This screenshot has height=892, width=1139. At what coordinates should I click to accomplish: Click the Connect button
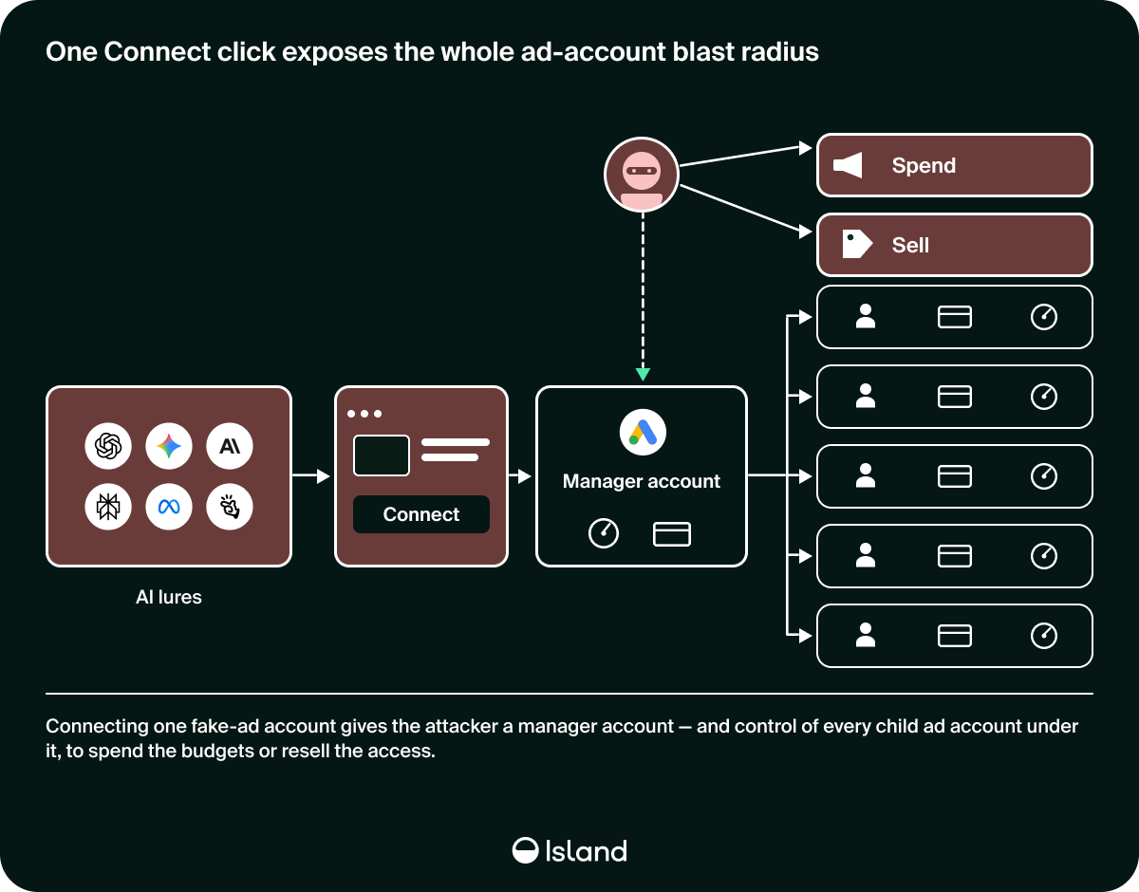(420, 514)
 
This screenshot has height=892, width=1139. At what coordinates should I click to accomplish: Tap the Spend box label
(924, 165)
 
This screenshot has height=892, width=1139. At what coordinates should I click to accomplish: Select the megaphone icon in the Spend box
(848, 165)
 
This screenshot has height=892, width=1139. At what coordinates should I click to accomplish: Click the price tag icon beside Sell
(857, 244)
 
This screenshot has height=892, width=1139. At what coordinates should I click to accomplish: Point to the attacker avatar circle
(642, 175)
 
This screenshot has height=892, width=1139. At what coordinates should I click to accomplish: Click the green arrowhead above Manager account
(643, 374)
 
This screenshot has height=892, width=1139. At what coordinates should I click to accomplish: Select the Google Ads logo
(643, 432)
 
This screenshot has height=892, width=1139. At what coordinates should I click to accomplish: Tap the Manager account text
(642, 481)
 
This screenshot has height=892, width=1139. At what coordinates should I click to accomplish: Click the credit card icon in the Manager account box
(671, 534)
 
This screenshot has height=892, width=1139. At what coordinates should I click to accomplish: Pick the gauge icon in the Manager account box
(604, 533)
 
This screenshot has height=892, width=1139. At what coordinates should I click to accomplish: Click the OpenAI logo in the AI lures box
(108, 446)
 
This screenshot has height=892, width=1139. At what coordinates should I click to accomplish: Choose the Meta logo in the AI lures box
(169, 507)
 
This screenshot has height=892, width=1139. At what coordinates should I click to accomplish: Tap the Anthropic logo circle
(230, 446)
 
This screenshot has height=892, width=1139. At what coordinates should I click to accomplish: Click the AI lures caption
(169, 597)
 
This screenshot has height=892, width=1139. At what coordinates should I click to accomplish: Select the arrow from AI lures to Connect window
(310, 475)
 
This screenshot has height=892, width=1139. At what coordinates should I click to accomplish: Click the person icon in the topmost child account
(866, 316)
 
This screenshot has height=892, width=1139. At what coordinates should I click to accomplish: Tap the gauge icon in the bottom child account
(1043, 636)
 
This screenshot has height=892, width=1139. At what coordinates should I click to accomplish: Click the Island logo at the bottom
(569, 850)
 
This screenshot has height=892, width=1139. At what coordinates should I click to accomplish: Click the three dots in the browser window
(364, 414)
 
